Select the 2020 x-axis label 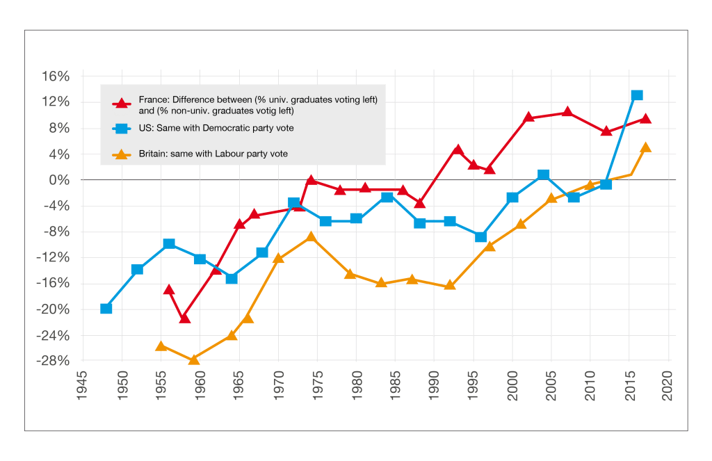669,380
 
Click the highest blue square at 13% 637,95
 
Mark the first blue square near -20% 106,308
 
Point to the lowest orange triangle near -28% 194,359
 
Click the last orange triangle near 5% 646,147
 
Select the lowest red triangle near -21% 184,318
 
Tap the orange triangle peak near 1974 311,238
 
